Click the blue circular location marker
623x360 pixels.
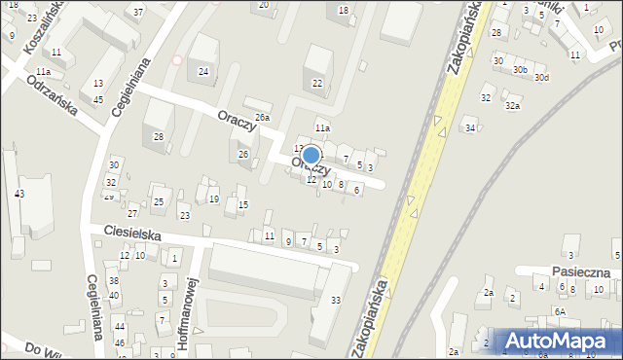pos(311,155)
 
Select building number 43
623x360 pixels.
pos(19,195)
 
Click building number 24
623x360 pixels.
pos(202,71)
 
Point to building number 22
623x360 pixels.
pos(317,84)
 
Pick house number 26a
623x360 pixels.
pos(262,118)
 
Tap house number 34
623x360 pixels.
pos(470,128)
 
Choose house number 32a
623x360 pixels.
pos(512,106)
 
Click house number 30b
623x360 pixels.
pos(521,70)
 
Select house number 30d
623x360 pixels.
pos(541,77)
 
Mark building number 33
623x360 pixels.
pos(336,301)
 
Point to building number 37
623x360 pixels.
pos(138,12)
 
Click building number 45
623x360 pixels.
pos(98,99)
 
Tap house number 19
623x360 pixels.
pos(213,198)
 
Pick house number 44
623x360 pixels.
pos(119,327)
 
